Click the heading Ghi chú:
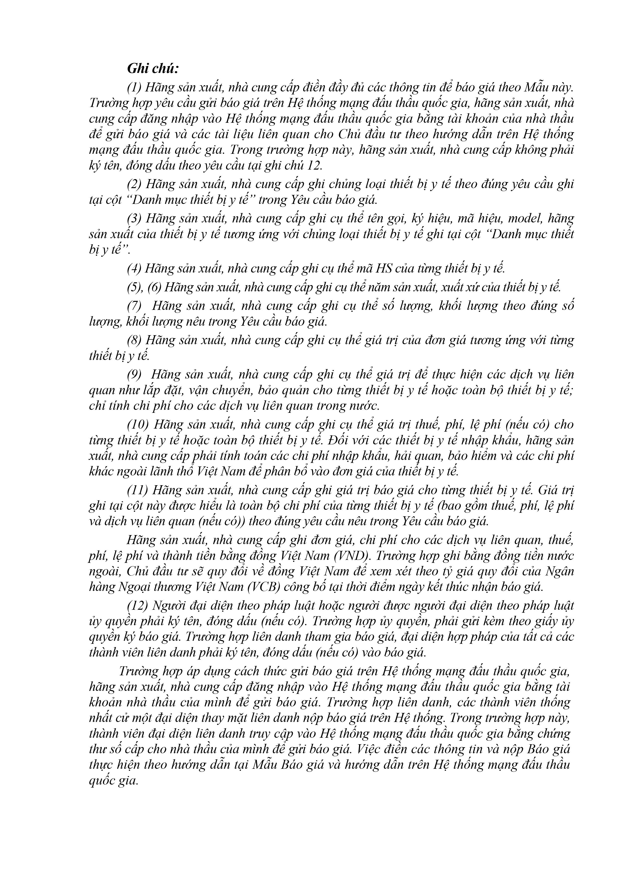pyautogui.click(x=153, y=69)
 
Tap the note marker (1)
pyautogui.click(x=135, y=88)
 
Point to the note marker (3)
pyautogui.click(x=135, y=219)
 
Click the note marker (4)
pyautogui.click(x=135, y=268)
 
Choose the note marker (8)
pyautogui.click(x=135, y=340)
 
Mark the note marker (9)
pyautogui.click(x=135, y=374)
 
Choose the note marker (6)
pyautogui.click(x=155, y=287)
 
